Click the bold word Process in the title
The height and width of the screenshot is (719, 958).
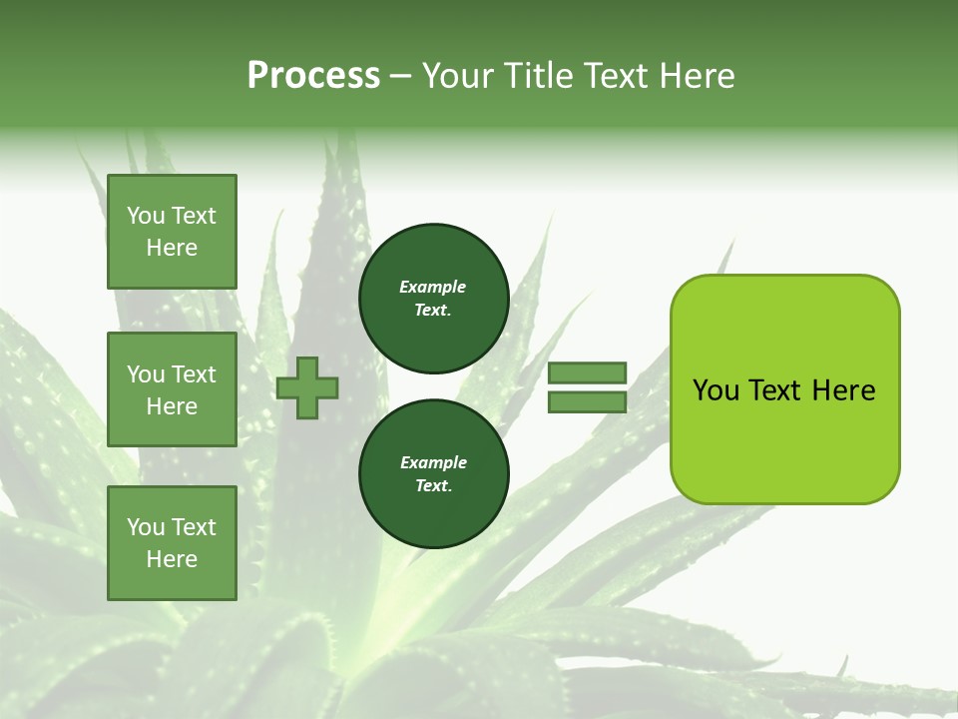pyautogui.click(x=313, y=76)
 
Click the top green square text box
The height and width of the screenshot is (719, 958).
pyautogui.click(x=172, y=232)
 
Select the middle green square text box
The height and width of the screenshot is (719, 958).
pyautogui.click(x=172, y=389)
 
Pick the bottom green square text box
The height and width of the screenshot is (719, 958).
pyautogui.click(x=172, y=543)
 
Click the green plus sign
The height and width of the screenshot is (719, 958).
pyautogui.click(x=307, y=386)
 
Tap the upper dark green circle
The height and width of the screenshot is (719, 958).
pyautogui.click(x=434, y=299)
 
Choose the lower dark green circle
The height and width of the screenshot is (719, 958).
pyautogui.click(x=434, y=474)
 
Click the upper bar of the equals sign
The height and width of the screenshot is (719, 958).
pyautogui.click(x=587, y=372)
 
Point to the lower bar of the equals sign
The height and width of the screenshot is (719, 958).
pyautogui.click(x=587, y=402)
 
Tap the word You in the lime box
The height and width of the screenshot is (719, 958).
pyautogui.click(x=717, y=390)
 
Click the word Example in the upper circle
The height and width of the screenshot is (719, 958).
pyautogui.click(x=433, y=287)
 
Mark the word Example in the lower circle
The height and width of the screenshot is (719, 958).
pyautogui.click(x=433, y=462)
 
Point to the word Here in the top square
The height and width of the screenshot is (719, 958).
pyautogui.click(x=172, y=248)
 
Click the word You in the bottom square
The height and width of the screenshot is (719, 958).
pyautogui.click(x=146, y=527)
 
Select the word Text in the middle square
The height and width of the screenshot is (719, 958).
pyautogui.click(x=194, y=374)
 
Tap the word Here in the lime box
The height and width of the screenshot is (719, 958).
pyautogui.click(x=843, y=390)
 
